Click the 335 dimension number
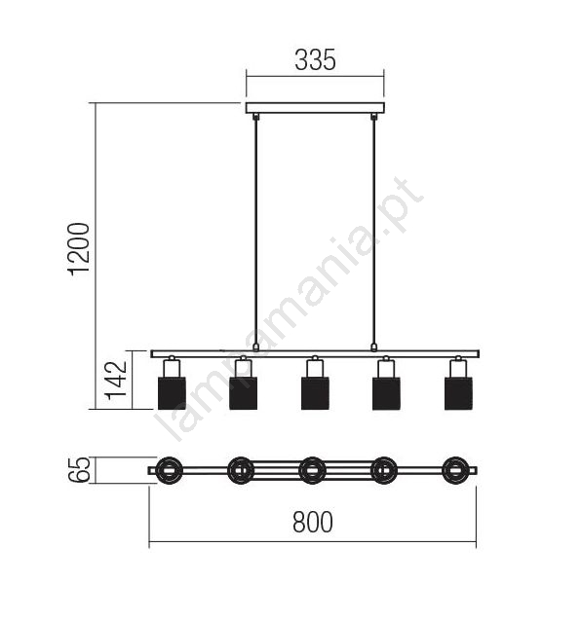pos(315,60)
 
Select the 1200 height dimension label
pos(79,249)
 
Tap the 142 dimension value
pos(115,381)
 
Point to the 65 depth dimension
pos(79,470)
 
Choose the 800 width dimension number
pos(313,522)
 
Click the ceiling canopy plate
pos(315,108)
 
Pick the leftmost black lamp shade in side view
pos(172,393)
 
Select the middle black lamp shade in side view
pos(315,393)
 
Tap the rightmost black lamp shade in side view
pos(458,393)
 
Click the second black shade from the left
pos(243,393)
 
